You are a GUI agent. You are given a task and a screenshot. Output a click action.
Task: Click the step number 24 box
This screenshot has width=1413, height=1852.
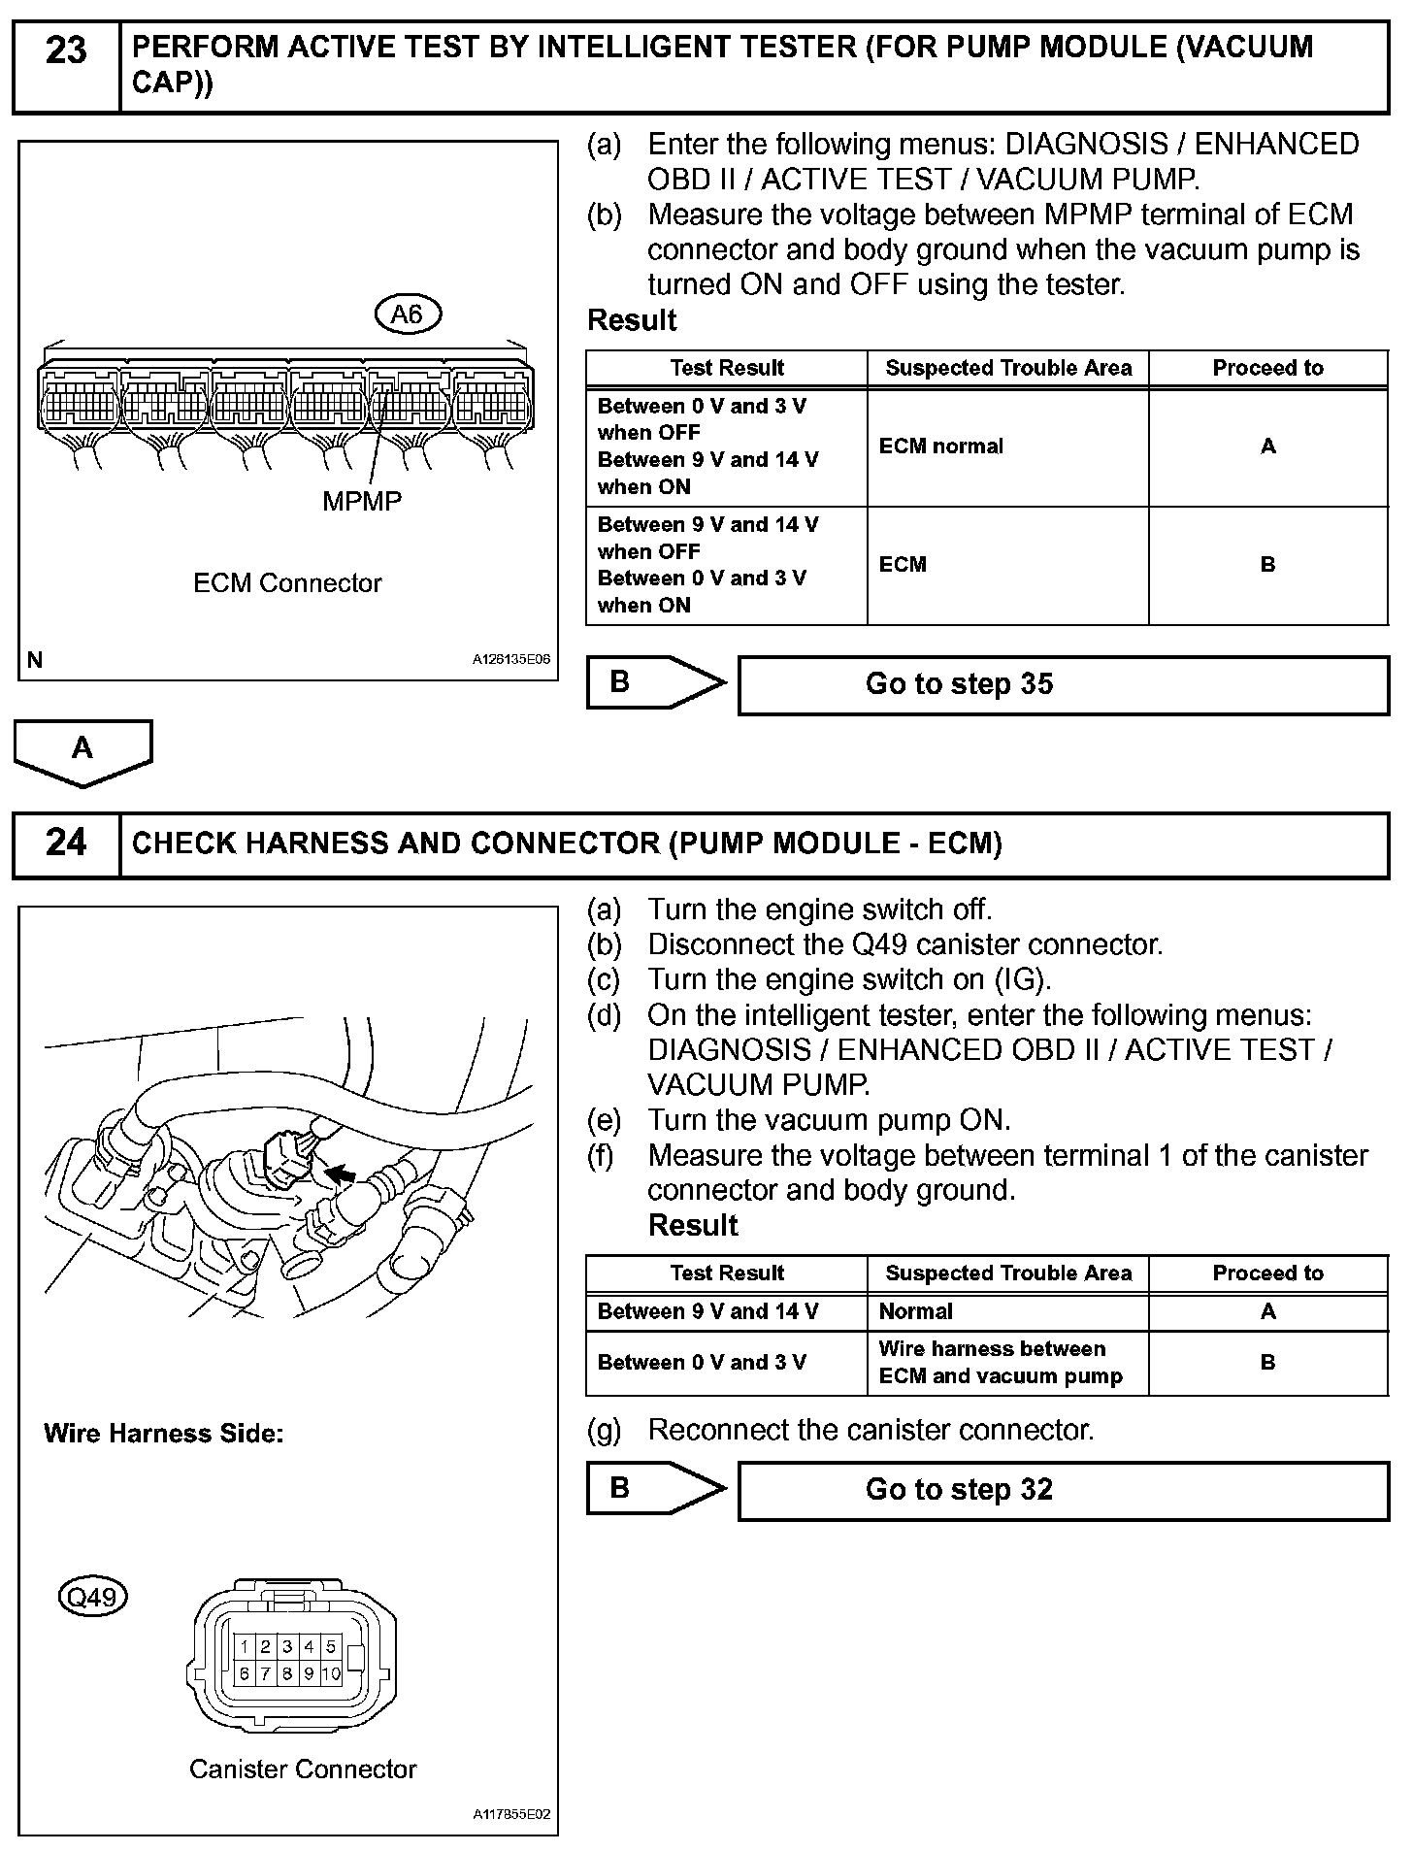tap(66, 843)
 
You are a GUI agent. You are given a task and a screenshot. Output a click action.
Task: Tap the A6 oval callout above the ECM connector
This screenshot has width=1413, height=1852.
tap(408, 314)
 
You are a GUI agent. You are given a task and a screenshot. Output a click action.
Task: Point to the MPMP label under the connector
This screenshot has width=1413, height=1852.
tap(362, 502)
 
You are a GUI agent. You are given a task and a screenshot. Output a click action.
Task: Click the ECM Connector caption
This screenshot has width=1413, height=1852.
tap(287, 583)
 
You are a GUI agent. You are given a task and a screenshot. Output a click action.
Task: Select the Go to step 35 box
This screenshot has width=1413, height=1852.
tap(1063, 685)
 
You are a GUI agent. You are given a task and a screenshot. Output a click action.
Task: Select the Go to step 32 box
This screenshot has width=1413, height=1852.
tap(1063, 1490)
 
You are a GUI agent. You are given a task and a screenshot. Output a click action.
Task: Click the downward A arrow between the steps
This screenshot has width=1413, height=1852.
tap(82, 751)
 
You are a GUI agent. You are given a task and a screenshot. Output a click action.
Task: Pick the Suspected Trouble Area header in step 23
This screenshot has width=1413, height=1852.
tap(1007, 369)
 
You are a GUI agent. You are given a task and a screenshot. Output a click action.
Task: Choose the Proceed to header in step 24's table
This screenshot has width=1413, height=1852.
tap(1267, 1273)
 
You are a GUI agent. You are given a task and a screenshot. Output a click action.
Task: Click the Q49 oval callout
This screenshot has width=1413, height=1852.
tap(93, 1598)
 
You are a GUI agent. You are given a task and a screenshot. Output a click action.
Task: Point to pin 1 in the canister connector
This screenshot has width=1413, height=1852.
tap(245, 1646)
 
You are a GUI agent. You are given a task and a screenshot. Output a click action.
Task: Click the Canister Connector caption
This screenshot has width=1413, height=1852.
tap(303, 1769)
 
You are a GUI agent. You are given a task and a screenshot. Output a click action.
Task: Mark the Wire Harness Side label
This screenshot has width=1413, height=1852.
tap(163, 1434)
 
